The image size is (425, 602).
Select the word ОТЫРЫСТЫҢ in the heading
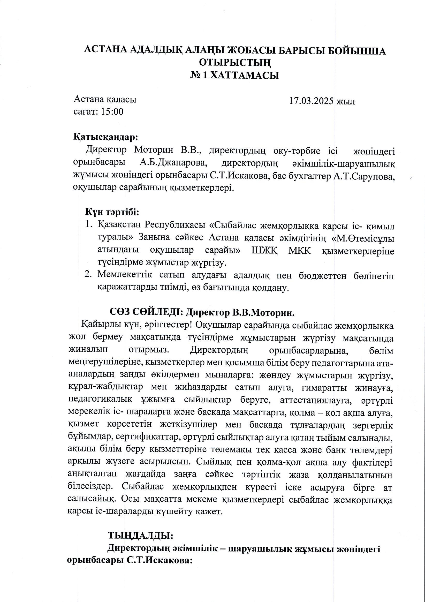point(234,63)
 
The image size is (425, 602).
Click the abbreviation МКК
point(299,251)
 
